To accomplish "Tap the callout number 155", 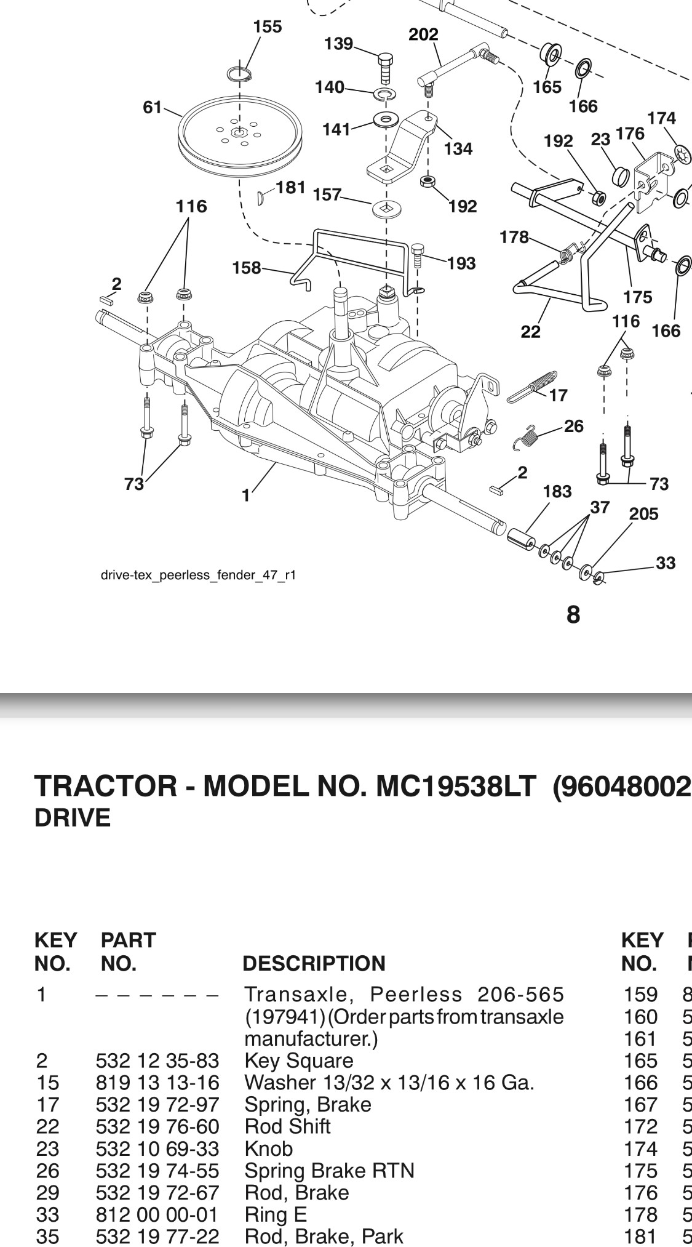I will (267, 27).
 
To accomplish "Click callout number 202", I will (423, 34).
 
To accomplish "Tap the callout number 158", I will (246, 268).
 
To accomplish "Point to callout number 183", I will (557, 491).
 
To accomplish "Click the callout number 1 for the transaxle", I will (245, 495).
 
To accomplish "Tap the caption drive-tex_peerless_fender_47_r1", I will (198, 575).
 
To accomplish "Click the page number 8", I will (573, 614).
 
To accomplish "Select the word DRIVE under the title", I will (73, 818).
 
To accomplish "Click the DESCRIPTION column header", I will (314, 963).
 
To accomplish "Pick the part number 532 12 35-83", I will (157, 1061).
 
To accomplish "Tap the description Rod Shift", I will (287, 1126).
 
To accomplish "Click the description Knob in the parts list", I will (268, 1149).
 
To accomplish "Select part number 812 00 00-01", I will (157, 1214).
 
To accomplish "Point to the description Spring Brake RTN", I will (329, 1170).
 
